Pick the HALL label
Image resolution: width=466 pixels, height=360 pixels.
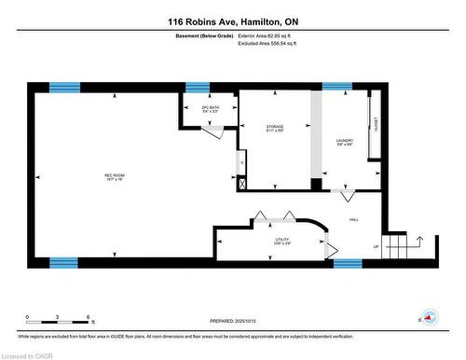click(x=354, y=220)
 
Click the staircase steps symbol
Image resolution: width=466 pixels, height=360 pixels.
click(x=399, y=247)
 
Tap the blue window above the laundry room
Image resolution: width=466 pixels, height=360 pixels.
click(x=336, y=87)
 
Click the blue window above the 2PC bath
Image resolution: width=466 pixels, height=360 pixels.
click(x=197, y=87)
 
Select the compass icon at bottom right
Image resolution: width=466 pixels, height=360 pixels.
click(x=429, y=317)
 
